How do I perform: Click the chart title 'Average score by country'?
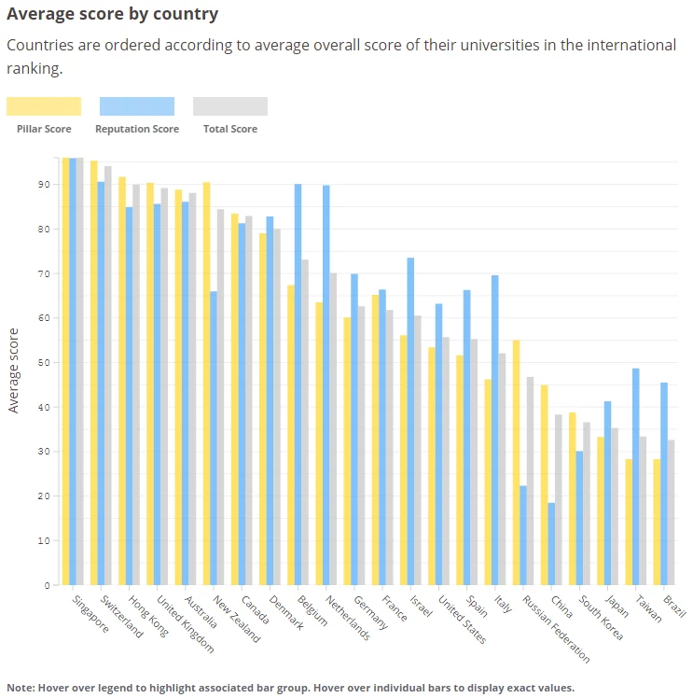coord(112,14)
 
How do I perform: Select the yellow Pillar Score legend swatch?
coord(44,106)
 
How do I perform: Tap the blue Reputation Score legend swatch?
coord(137,106)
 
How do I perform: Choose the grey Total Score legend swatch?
coord(230,106)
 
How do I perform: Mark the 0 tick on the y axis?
coord(43,585)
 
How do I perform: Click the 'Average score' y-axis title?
coord(13,370)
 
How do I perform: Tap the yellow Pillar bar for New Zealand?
coord(206,384)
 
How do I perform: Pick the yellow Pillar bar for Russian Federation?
coord(516,463)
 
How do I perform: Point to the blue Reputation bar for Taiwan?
coord(635,477)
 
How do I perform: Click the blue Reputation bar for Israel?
coord(410,421)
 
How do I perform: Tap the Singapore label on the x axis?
coord(90,614)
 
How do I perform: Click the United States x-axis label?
coord(462,621)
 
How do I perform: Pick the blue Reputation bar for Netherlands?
coord(326,384)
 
